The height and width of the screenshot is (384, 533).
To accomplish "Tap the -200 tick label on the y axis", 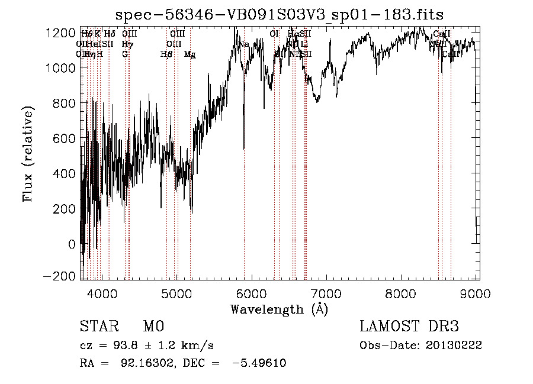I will (x=60, y=277).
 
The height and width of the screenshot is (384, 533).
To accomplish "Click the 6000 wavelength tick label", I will (x=252, y=293).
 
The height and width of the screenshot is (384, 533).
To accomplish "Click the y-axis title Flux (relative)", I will (x=28, y=153).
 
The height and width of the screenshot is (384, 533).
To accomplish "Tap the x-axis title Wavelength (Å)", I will (x=279, y=309).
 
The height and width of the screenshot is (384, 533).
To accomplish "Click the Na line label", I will (x=244, y=44).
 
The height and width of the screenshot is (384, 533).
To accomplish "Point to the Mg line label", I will (x=190, y=54).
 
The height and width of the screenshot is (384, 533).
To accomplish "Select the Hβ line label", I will (x=166, y=54).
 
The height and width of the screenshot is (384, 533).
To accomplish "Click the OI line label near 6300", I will (x=274, y=34).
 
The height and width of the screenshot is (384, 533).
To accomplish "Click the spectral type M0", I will (x=153, y=327).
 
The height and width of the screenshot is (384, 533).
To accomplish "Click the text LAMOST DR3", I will (x=409, y=327).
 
